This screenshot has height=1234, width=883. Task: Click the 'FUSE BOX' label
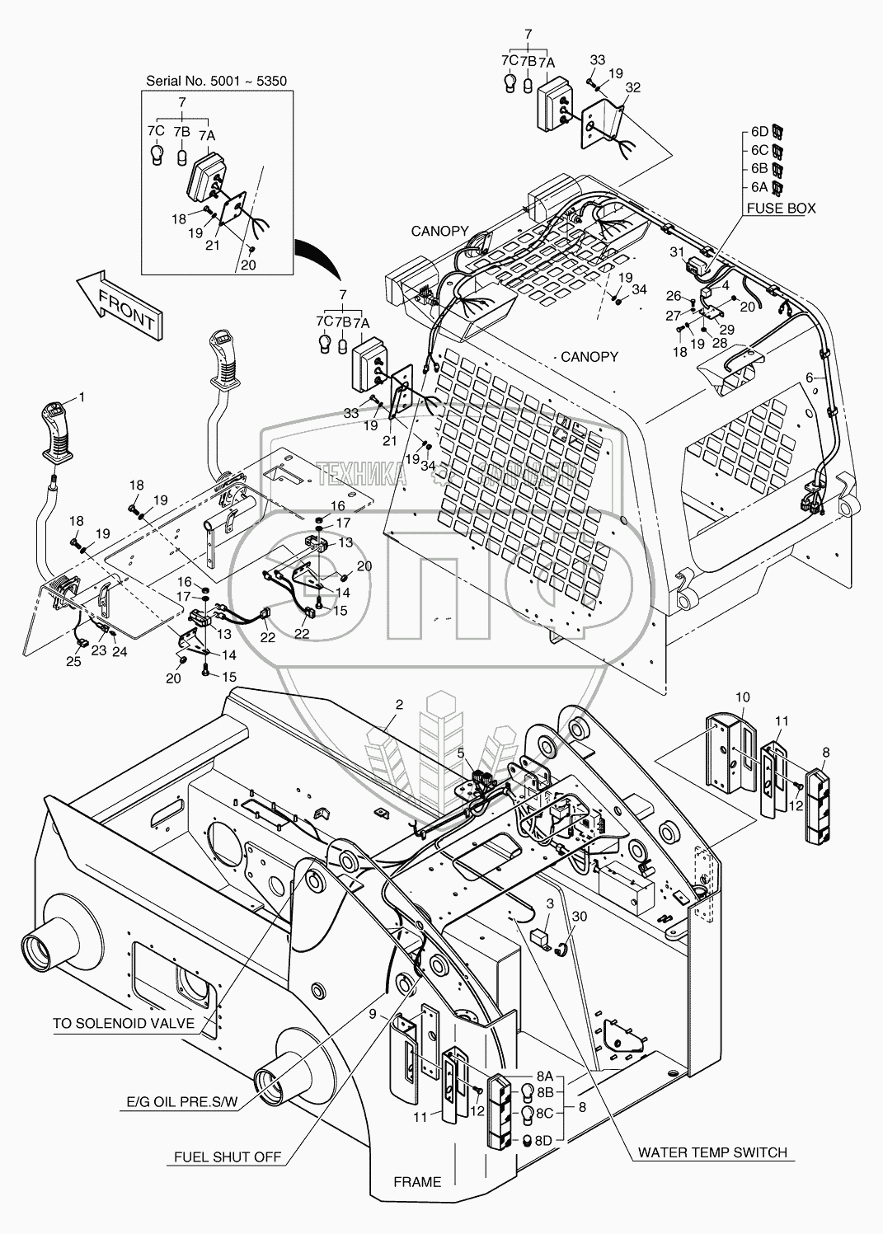781,208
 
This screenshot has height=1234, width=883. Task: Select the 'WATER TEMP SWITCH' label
712,1152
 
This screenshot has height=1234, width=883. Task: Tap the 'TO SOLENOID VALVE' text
124,1023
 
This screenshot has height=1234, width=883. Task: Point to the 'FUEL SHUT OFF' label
228,1157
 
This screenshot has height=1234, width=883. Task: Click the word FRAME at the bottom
417,1181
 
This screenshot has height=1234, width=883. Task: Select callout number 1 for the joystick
82,396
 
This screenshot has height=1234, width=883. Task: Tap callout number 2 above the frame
399,704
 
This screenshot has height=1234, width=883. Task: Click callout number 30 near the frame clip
580,917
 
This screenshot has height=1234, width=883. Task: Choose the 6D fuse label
759,132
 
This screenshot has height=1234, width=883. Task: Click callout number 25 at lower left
74,662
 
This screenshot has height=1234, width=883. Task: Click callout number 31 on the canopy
677,251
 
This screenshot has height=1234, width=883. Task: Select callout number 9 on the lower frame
373,1013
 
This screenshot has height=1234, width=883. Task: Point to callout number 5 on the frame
461,752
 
